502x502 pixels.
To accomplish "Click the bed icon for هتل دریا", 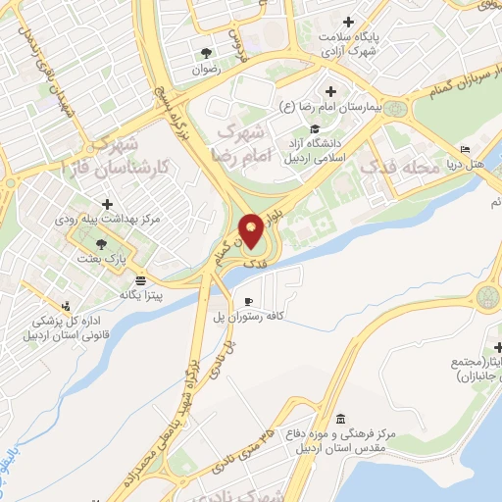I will tap(465, 150).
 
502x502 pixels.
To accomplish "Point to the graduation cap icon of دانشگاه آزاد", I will tap(315, 128).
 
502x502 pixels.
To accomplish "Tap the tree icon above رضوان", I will tap(205, 53).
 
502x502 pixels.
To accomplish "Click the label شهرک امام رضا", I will tap(238, 143).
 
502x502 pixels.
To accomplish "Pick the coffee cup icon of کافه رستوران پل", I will tap(249, 300).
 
